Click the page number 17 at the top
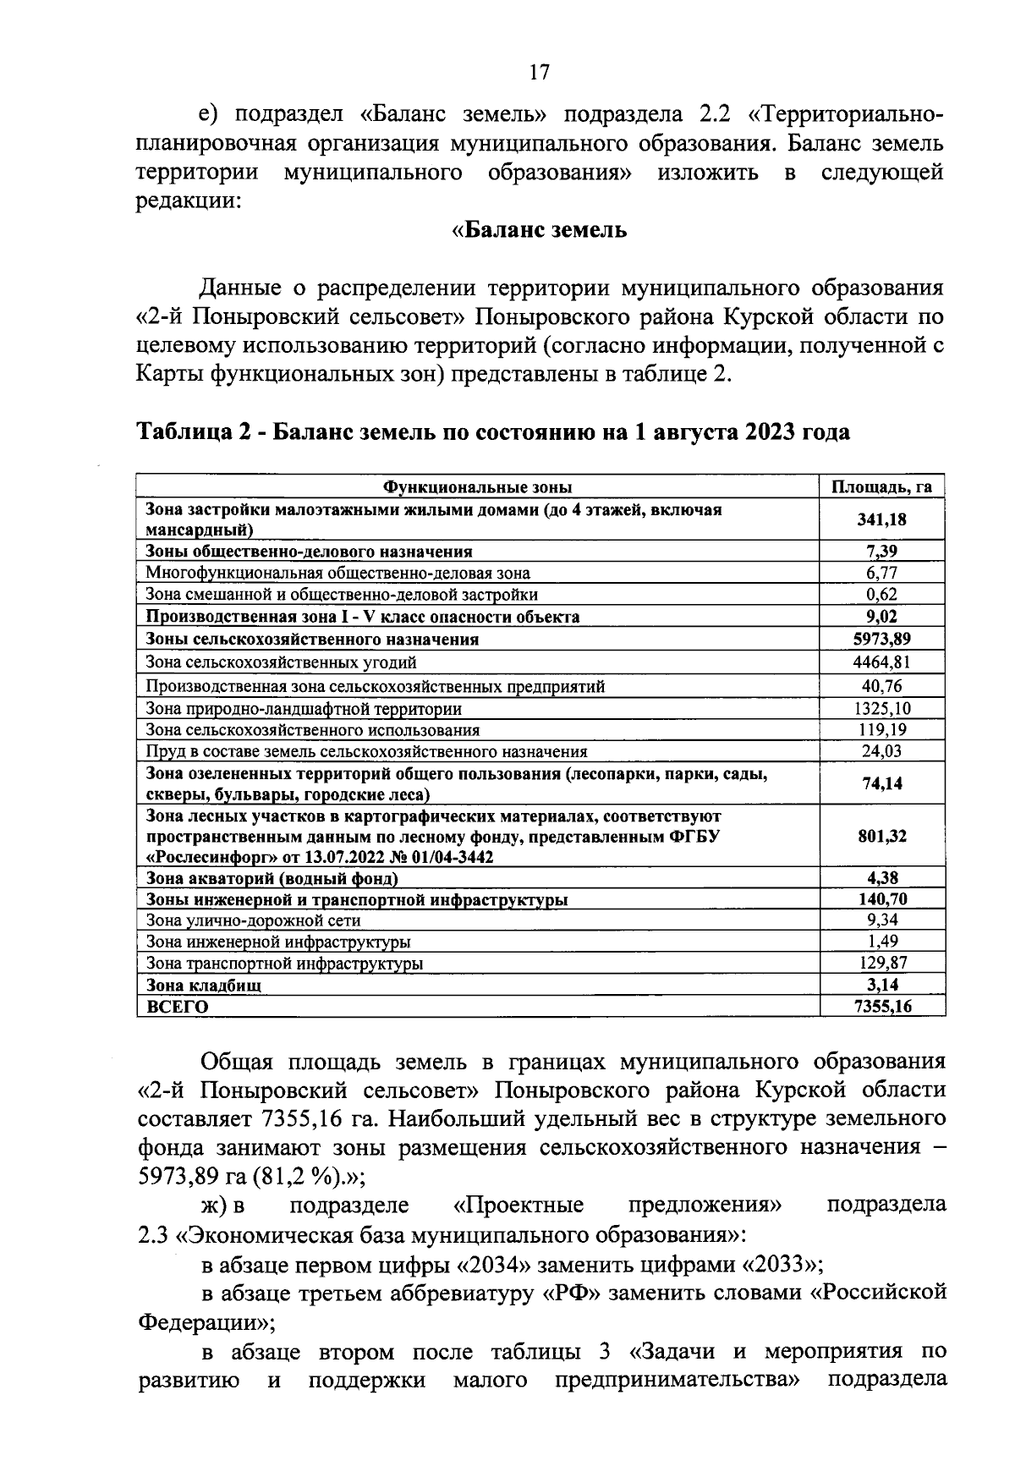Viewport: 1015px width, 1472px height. (539, 73)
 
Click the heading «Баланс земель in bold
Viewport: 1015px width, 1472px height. (539, 229)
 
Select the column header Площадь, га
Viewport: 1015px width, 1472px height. (881, 487)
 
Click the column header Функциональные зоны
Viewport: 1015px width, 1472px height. (478, 487)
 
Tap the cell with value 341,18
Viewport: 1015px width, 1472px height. (881, 519)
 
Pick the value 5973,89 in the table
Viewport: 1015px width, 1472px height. (881, 640)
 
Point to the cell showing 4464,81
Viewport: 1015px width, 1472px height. (881, 662)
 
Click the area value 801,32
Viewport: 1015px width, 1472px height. (881, 836)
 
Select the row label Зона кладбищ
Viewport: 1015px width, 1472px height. (204, 985)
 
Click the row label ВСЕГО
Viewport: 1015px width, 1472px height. (177, 1007)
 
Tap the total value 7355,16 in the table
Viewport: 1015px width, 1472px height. (881, 1007)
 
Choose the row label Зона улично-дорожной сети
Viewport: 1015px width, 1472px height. (253, 920)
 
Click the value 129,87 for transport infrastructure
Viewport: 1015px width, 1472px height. (881, 963)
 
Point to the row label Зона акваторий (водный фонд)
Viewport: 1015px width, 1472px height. (272, 878)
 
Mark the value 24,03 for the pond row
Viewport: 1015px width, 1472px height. (881, 751)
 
